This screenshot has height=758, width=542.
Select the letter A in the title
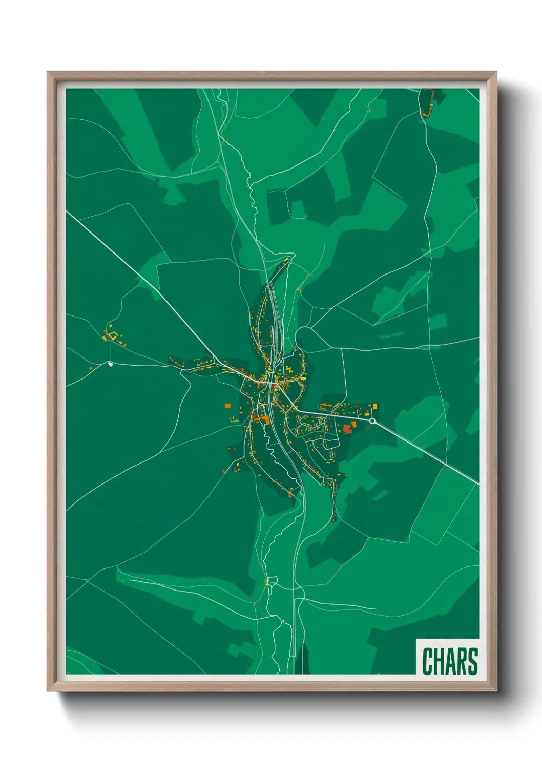(451, 661)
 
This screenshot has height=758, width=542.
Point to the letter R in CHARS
(463, 661)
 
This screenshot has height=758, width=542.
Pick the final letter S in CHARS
(473, 661)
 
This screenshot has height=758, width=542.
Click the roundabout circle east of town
(372, 421)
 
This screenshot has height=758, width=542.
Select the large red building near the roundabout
(348, 428)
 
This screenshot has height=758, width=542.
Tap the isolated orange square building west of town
(227, 406)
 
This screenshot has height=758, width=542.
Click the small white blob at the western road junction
(110, 364)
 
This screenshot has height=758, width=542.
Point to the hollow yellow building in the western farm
(115, 335)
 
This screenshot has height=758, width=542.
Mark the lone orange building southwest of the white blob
(91, 368)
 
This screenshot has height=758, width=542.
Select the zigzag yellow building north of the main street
(290, 370)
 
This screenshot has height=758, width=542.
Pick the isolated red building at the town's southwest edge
(224, 471)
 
